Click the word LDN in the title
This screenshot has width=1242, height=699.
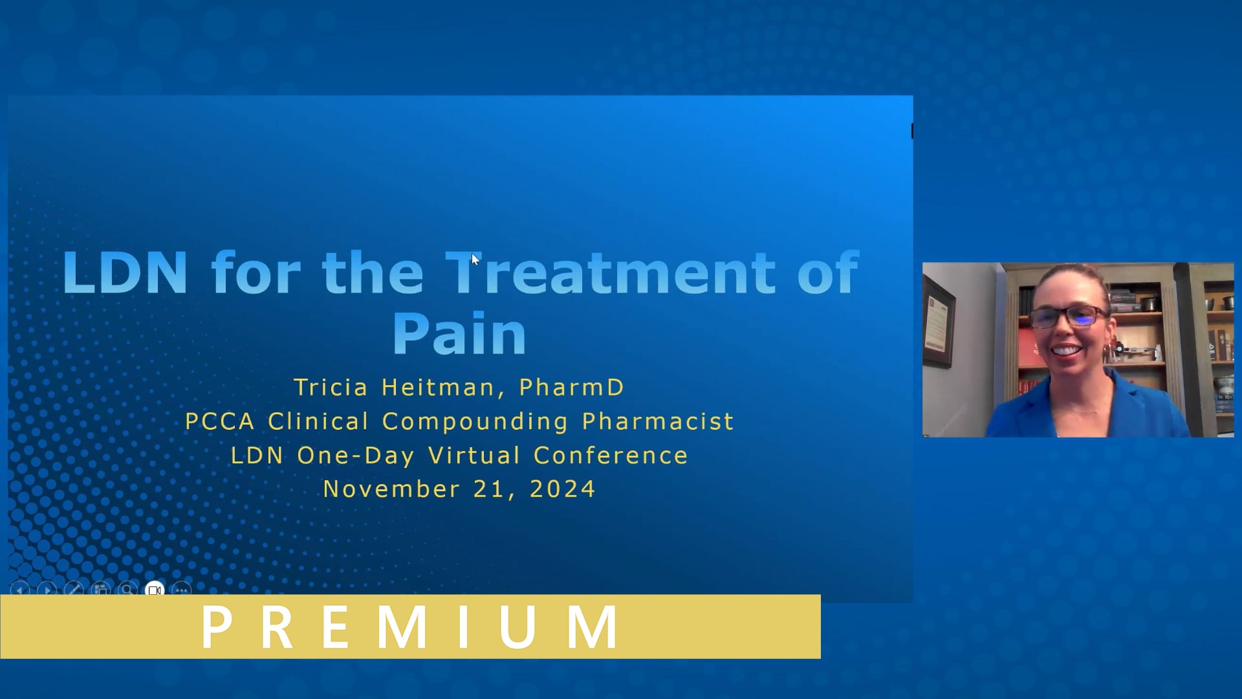pos(125,273)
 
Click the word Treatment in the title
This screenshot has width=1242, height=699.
pos(611,273)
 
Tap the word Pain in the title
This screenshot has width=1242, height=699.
pos(459,334)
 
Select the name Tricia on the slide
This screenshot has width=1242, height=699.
pos(331,388)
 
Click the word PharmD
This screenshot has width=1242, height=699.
pos(572,388)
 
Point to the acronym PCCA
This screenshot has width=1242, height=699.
pos(220,422)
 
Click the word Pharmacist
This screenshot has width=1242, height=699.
pos(658,422)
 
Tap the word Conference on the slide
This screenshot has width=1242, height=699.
pos(611,456)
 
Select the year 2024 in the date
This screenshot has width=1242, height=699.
pos(562,489)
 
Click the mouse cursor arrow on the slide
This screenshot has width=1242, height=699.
pos(475,260)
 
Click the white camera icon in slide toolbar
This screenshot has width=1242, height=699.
pos(155,590)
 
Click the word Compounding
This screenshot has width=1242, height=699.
pos(475,422)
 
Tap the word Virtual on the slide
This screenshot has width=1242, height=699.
pos(474,456)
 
